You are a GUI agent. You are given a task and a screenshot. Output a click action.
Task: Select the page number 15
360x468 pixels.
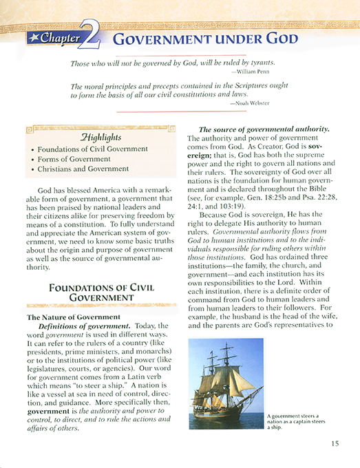pos(335,443)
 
